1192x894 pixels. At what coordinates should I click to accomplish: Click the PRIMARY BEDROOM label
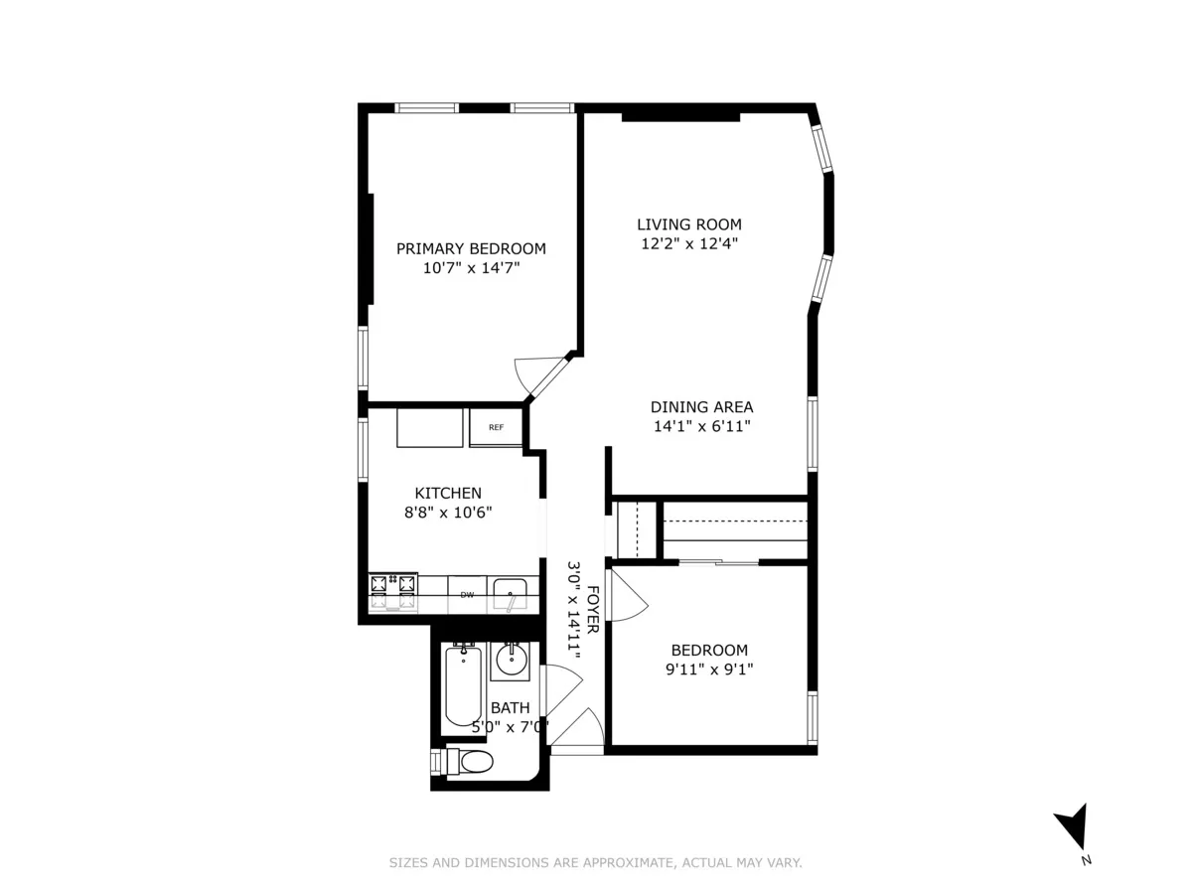pyautogui.click(x=471, y=248)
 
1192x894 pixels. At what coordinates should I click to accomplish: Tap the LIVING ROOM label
pyautogui.click(x=688, y=224)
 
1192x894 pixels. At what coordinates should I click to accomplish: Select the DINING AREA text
pyautogui.click(x=701, y=406)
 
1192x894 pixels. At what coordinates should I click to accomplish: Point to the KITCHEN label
pyautogui.click(x=448, y=493)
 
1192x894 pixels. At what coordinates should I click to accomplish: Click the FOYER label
pyautogui.click(x=593, y=610)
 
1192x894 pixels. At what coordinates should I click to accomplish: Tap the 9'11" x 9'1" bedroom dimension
pyautogui.click(x=709, y=670)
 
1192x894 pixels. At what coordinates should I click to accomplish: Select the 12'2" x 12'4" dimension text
pyautogui.click(x=688, y=243)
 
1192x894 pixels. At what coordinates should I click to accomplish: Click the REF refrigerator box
pyautogui.click(x=496, y=428)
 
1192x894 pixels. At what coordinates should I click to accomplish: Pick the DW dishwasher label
pyautogui.click(x=466, y=595)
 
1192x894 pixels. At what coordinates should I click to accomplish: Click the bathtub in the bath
pyautogui.click(x=463, y=685)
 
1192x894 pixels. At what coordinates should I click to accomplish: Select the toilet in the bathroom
pyautogui.click(x=471, y=763)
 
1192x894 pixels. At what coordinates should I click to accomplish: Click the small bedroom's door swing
pyautogui.click(x=627, y=595)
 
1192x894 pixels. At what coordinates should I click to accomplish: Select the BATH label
pyautogui.click(x=511, y=708)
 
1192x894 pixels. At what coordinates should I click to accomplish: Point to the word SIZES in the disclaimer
pyautogui.click(x=408, y=863)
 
